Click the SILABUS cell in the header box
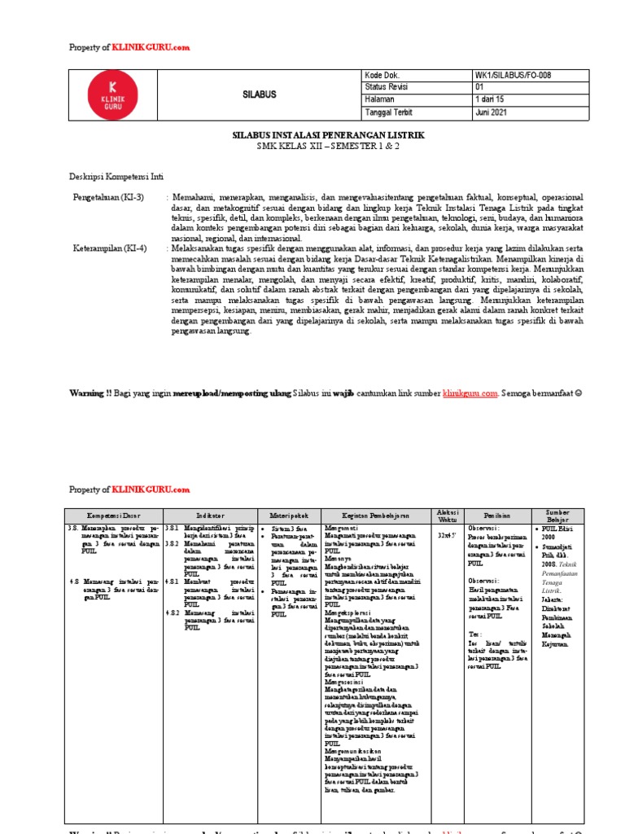(x=260, y=94)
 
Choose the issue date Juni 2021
(x=492, y=113)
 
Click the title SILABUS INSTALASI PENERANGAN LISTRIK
(x=312, y=134)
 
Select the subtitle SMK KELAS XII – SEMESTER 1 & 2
(x=312, y=146)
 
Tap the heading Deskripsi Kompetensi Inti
(x=116, y=176)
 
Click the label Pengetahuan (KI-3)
(x=108, y=197)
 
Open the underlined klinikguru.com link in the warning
(x=470, y=393)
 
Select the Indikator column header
(x=210, y=516)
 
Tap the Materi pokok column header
(x=288, y=516)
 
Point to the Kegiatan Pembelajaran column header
(x=374, y=516)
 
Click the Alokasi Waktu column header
(x=448, y=516)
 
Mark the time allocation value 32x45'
(x=448, y=535)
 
